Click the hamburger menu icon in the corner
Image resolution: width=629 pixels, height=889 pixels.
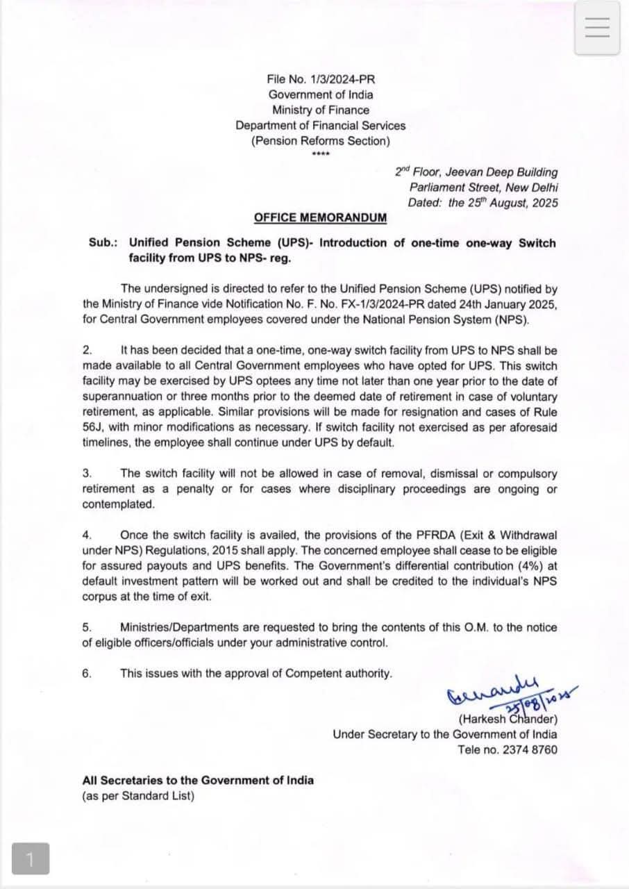pos(597,27)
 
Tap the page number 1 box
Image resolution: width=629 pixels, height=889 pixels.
pos(30,859)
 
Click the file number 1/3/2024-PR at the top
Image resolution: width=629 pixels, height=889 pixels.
pos(321,80)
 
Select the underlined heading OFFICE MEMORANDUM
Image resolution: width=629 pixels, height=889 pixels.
pos(320,217)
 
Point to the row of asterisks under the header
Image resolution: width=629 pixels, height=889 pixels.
pos(321,154)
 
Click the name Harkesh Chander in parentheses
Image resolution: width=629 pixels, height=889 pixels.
pos(508,720)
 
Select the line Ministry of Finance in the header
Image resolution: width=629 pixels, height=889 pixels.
pos(321,110)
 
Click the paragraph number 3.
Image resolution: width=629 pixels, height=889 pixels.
pos(87,474)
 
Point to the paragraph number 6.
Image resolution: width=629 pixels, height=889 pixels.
pos(87,673)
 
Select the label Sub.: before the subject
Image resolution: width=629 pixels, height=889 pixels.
pos(103,243)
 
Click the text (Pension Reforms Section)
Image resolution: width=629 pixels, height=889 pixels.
pos(321,141)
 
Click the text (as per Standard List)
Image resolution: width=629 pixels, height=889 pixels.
pos(138,796)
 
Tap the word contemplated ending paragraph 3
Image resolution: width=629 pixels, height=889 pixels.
pos(118,504)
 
